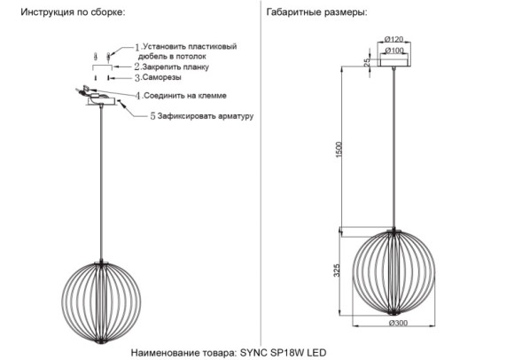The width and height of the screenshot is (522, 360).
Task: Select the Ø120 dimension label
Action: (x=394, y=40)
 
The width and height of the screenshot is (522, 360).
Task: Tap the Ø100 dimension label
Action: (x=394, y=51)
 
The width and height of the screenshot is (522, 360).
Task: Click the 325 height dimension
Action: (x=338, y=271)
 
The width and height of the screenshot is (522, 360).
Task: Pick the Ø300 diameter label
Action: (x=398, y=323)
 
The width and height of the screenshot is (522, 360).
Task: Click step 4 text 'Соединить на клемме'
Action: (x=187, y=95)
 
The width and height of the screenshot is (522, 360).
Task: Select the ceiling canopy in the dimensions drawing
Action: (x=394, y=60)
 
